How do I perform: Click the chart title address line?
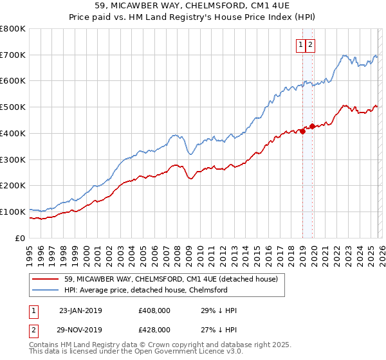pyautogui.click(x=193, y=7)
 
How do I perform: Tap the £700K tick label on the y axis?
pyautogui.click(x=13, y=55)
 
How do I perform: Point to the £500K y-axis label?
pyautogui.click(x=13, y=107)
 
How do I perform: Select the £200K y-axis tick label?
pyautogui.click(x=13, y=185)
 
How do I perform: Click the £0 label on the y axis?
pyautogui.click(x=21, y=238)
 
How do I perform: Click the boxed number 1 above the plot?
pyautogui.click(x=300, y=44)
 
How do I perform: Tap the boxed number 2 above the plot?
pyautogui.click(x=310, y=44)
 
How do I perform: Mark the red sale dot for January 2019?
pyautogui.click(x=302, y=132)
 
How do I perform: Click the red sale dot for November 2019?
pyautogui.click(x=312, y=126)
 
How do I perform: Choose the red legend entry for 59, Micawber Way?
pyautogui.click(x=170, y=279)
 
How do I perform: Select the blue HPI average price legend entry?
pyautogui.click(x=154, y=291)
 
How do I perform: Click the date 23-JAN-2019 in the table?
pyautogui.click(x=80, y=310)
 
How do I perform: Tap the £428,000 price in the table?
pyautogui.click(x=154, y=328)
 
